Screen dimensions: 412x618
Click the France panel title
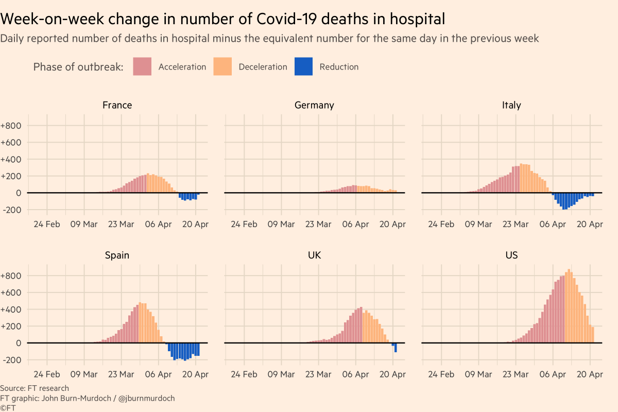117,105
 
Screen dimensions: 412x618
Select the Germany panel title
314,105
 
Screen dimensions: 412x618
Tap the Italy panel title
511,105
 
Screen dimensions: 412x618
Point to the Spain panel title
117,255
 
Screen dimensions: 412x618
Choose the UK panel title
314,255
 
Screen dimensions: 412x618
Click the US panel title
511,255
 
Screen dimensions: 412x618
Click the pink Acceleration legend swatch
142,66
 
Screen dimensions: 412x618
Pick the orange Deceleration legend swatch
222,66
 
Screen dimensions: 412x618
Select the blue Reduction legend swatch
303,66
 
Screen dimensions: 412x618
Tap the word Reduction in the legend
339,67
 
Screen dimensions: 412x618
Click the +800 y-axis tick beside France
11,126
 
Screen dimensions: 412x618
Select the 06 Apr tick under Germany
355,225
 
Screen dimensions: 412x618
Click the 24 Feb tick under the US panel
441,374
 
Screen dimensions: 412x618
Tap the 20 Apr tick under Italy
589,225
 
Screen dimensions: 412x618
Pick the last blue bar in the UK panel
396,348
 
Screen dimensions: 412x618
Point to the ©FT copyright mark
8,407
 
